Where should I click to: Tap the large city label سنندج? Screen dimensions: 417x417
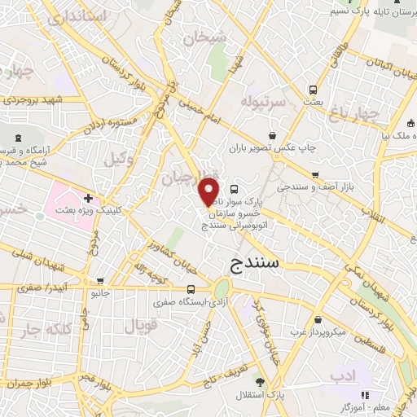pyautogui.click(x=252, y=261)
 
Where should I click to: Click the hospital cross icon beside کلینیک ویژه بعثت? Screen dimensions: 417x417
pyautogui.click(x=87, y=197)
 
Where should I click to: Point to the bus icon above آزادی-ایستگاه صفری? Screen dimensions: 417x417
pyautogui.click(x=191, y=289)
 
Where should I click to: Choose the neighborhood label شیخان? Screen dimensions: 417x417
pyautogui.click(x=202, y=37)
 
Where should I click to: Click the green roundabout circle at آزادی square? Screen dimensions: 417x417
pyautogui.click(x=222, y=288)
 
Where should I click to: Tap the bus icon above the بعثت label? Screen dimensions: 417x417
pyautogui.click(x=311, y=89)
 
